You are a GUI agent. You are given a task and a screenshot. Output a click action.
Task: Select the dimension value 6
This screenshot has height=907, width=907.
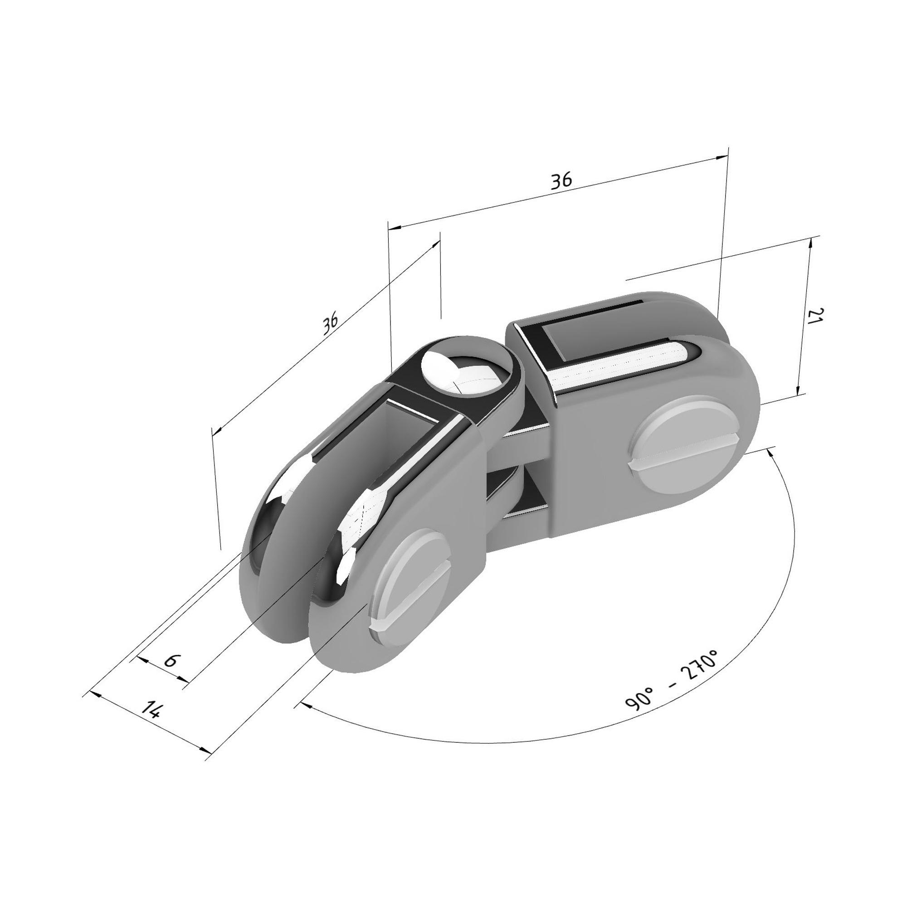click(172, 660)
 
